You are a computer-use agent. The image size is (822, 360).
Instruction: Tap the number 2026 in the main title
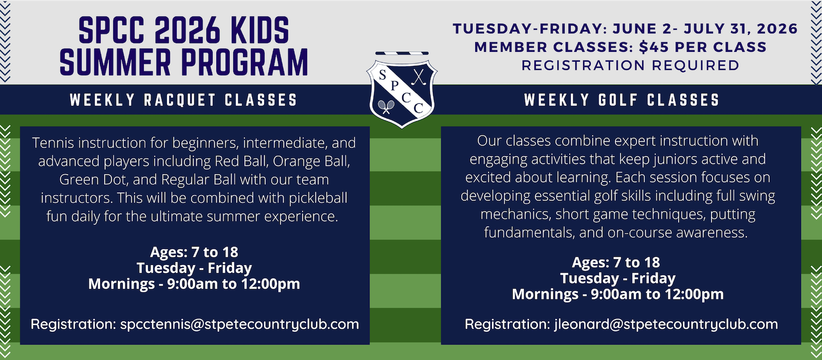188,30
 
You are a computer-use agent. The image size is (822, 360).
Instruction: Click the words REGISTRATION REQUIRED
630,65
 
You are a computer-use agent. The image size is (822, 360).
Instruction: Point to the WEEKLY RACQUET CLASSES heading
183,100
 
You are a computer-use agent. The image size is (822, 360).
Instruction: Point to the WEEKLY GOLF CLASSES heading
622,100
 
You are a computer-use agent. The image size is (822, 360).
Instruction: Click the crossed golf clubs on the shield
418,77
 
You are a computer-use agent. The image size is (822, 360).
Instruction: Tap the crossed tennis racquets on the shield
386,107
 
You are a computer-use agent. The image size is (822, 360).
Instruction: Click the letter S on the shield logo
382,75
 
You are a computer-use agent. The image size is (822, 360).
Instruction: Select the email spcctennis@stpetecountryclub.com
239,324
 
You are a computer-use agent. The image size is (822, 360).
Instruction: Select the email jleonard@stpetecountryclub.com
666,324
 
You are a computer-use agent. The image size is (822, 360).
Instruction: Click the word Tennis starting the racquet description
53,143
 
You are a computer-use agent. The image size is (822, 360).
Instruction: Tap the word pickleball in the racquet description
318,198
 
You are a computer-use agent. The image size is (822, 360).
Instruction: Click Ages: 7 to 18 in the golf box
616,262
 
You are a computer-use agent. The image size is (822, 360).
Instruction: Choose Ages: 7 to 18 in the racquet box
194,252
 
